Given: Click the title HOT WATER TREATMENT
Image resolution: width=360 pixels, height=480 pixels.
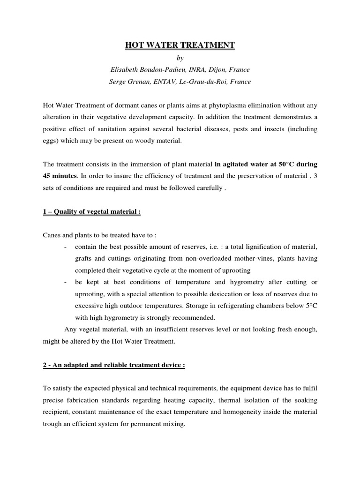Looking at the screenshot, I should tap(180, 45).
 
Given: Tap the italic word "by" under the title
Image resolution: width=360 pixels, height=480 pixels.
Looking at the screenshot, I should tap(180, 58).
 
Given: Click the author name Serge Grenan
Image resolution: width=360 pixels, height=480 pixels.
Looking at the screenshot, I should tap(128, 82).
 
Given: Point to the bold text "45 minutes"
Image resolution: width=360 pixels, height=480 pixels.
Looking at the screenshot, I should tap(60, 177).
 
